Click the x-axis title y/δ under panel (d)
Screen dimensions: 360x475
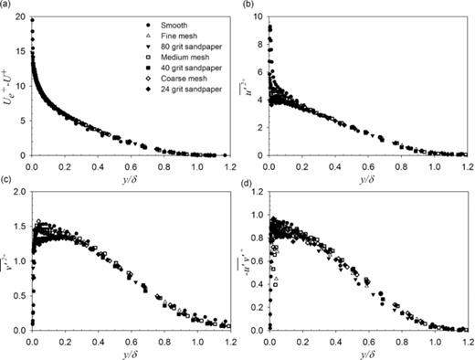(365, 354)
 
